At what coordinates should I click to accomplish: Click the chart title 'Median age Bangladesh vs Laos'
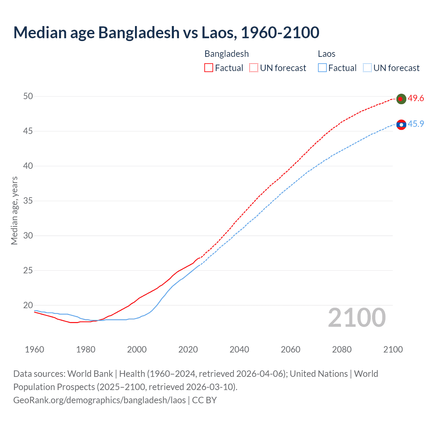pos(166,32)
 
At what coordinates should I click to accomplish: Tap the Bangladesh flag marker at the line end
pos(401,99)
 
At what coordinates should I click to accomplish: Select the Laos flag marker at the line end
pos(401,125)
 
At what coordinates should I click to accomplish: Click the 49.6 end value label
pos(416,98)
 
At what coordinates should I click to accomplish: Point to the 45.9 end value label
pos(416,124)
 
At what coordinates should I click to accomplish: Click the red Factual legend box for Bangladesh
pos(209,68)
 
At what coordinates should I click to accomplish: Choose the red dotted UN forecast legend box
pos(254,68)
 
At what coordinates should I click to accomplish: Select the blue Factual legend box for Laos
pos(322,68)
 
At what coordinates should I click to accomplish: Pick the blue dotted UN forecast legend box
pos(367,68)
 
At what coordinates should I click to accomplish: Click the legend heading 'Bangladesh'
pos(227,54)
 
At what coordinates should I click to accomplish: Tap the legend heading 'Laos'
pos(326,54)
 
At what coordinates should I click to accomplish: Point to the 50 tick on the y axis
pos(28,96)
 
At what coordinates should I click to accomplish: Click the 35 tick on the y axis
pos(28,201)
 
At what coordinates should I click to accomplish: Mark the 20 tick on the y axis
pos(28,305)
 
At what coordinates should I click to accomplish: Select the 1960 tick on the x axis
pos(35,349)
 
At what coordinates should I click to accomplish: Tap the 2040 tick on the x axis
pos(239,349)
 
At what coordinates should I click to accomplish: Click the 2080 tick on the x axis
pos(342,349)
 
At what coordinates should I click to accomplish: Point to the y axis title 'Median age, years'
pos(14,210)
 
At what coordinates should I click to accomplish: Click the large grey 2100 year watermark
pos(357,318)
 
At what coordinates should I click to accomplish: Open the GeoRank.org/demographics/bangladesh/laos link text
pos(99,400)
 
